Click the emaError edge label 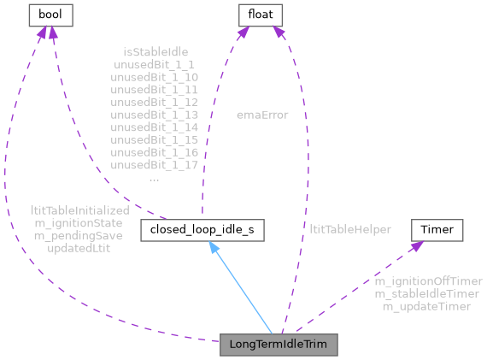[x=262, y=114]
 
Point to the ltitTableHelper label [x=350, y=229]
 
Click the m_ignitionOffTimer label [x=428, y=280]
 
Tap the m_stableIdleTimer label [x=426, y=293]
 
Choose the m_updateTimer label [x=426, y=306]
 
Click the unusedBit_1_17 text [x=155, y=167]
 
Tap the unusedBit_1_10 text [x=155, y=77]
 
